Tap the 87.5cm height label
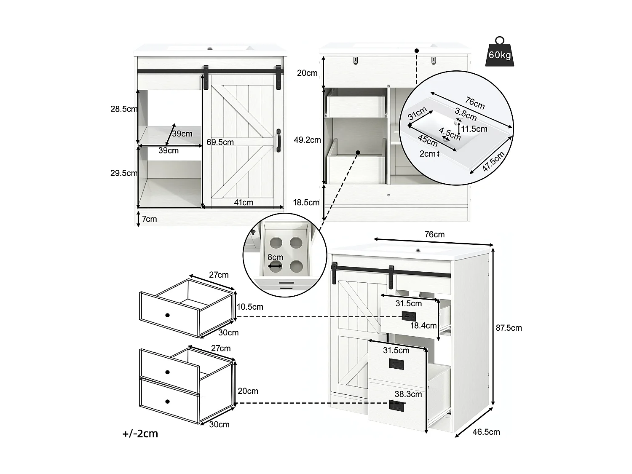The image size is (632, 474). [509, 328]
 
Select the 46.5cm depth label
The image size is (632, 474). [486, 432]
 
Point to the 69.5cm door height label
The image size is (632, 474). [220, 142]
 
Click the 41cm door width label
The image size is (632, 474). [244, 203]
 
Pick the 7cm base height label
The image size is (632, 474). [150, 219]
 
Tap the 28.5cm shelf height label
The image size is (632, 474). [124, 109]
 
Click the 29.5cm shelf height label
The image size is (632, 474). [124, 173]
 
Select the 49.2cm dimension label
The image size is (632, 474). [307, 140]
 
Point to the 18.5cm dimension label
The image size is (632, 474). [306, 203]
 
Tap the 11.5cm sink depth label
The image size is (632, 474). [474, 129]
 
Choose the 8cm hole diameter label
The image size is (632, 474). [275, 257]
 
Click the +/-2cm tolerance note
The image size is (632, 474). [140, 434]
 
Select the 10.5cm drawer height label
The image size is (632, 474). [250, 307]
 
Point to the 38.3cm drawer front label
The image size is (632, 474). [408, 394]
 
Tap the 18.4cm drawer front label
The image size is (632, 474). [423, 326]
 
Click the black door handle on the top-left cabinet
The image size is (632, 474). [279, 140]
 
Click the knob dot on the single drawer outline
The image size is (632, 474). [168, 315]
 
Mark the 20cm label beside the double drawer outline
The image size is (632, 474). [248, 391]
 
